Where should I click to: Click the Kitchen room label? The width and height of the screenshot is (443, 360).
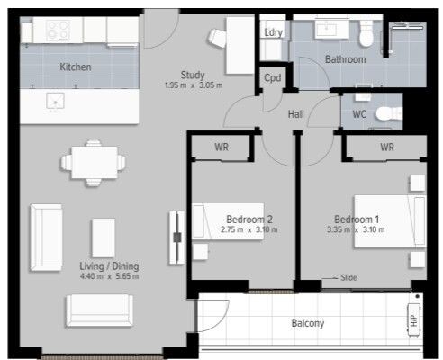pyautogui.click(x=76, y=67)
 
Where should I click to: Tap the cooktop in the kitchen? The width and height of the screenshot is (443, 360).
pyautogui.click(x=59, y=31)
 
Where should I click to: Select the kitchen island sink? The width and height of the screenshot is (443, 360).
pyautogui.click(x=55, y=101)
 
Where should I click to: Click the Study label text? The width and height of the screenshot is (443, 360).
pyautogui.click(x=193, y=75)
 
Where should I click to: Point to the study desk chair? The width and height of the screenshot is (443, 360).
pyautogui.click(x=217, y=38)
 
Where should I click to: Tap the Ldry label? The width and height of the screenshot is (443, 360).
pyautogui.click(x=273, y=32)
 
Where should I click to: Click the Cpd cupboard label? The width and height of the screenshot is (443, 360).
pyautogui.click(x=273, y=78)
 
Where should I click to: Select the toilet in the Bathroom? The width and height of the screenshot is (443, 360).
pyautogui.click(x=366, y=33)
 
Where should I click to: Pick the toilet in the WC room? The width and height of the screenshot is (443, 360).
pyautogui.click(x=389, y=113)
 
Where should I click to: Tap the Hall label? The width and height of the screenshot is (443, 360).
pyautogui.click(x=295, y=114)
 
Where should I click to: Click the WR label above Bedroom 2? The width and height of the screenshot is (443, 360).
pyautogui.click(x=221, y=147)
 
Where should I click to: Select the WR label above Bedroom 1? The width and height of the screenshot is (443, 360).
pyautogui.click(x=387, y=147)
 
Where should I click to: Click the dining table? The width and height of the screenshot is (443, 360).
pyautogui.click(x=95, y=162)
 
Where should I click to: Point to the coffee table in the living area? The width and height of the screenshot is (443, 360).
pyautogui.click(x=104, y=238)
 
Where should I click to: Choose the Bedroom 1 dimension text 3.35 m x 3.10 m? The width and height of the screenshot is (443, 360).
pyautogui.click(x=356, y=229)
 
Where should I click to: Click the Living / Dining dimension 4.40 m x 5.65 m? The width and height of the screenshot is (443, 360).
pyautogui.click(x=109, y=276)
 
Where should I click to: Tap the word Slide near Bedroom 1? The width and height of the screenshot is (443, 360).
pyautogui.click(x=348, y=277)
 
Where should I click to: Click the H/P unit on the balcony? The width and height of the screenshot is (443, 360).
pyautogui.click(x=413, y=320)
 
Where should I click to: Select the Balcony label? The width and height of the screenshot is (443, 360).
pyautogui.click(x=308, y=323)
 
